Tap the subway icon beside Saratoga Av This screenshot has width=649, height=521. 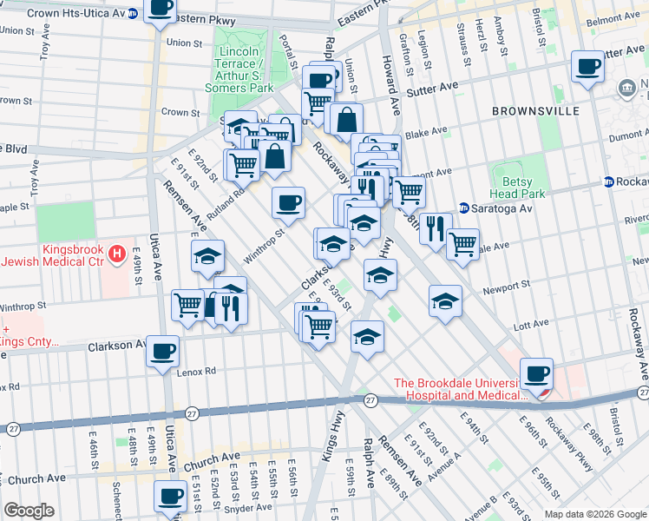(464, 208)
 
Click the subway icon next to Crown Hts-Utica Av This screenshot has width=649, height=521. (132, 14)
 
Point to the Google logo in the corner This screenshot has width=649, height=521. (29, 511)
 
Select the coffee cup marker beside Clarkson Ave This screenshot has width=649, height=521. (162, 352)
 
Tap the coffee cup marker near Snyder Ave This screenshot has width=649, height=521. (170, 496)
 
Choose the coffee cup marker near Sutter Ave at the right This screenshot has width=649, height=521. (587, 67)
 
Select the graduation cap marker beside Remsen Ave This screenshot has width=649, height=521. (208, 256)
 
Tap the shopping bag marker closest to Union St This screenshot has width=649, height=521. (346, 120)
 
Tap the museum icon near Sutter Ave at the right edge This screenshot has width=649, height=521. (626, 88)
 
